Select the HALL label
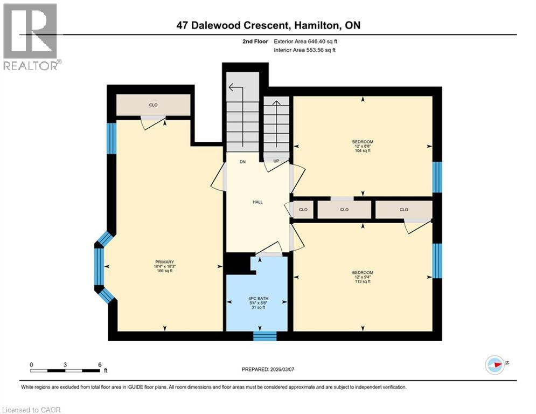(x=257, y=202)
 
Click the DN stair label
(x=243, y=162)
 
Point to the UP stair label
(x=276, y=161)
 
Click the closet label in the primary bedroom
(x=153, y=105)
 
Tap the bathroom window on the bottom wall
(x=265, y=336)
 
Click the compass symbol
(x=495, y=365)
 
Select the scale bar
(x=65, y=371)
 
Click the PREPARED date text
(x=268, y=369)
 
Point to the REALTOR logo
(x=31, y=37)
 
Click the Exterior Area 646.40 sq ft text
(x=305, y=42)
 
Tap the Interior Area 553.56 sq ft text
(x=304, y=50)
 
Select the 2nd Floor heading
(x=255, y=42)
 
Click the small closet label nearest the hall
(x=303, y=210)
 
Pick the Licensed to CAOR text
(x=31, y=410)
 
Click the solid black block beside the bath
(x=238, y=264)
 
